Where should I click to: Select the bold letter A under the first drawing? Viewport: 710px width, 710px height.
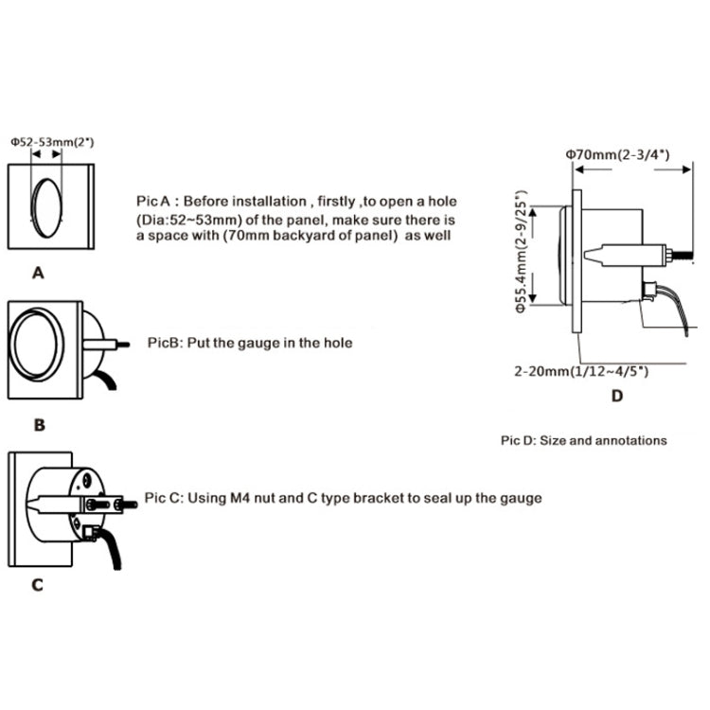click(38, 273)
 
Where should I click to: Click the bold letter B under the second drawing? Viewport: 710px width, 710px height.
click(39, 426)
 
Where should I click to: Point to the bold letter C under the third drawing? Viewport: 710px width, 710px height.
click(37, 584)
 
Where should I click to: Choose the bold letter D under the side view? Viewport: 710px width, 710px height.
click(616, 396)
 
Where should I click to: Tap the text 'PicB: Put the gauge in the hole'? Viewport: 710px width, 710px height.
click(251, 343)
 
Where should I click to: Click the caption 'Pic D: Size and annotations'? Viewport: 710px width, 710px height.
click(583, 440)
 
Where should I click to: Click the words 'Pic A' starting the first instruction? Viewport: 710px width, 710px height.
click(152, 202)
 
